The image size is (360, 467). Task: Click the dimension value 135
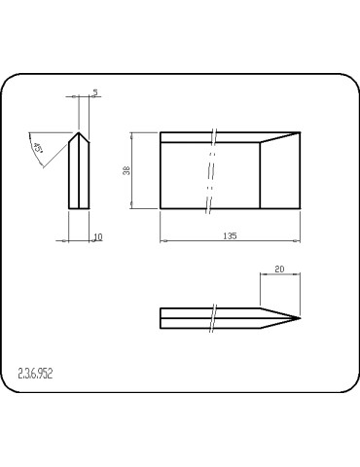[230, 235]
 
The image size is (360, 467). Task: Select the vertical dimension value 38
[126, 170]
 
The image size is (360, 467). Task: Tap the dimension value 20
[280, 269]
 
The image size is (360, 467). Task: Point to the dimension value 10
[98, 236]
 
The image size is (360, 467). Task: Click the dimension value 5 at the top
[94, 92]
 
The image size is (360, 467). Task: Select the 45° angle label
[40, 149]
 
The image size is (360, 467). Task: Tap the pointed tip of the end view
[79, 131]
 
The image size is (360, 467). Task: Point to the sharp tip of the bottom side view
[300, 318]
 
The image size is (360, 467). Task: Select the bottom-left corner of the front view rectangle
[161, 207]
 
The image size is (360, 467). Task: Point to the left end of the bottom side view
[161, 318]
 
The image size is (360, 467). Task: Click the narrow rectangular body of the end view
[79, 175]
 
